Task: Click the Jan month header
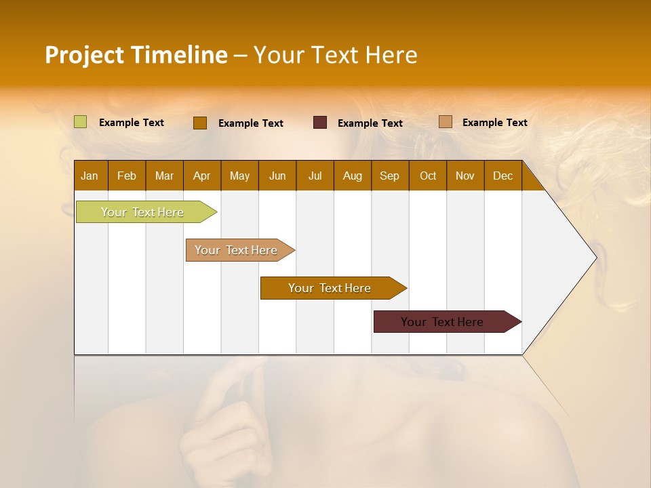click(x=90, y=176)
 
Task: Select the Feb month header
click(x=127, y=176)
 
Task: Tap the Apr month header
click(x=202, y=176)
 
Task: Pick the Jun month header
click(x=277, y=176)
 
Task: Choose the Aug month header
click(x=353, y=176)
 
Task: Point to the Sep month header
click(x=390, y=176)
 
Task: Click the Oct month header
click(x=428, y=176)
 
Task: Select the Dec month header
click(x=503, y=176)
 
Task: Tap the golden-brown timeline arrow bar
click(x=330, y=288)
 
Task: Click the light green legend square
click(x=81, y=122)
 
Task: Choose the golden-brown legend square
click(x=200, y=123)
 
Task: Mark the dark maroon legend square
click(x=320, y=123)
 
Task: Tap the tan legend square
click(x=446, y=122)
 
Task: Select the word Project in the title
click(x=84, y=55)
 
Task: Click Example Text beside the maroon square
click(x=370, y=123)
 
